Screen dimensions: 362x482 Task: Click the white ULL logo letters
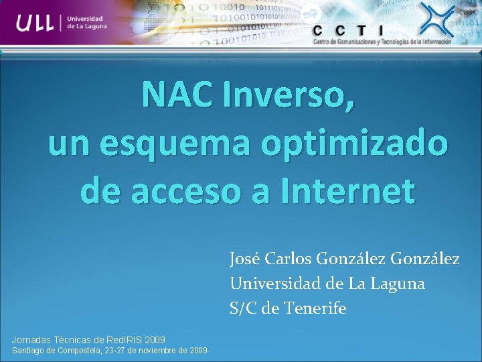(x=36, y=23)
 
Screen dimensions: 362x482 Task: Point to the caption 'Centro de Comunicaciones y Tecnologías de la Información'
(x=382, y=42)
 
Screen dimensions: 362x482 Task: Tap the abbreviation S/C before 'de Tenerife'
(x=244, y=309)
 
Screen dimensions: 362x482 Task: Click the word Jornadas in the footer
(x=32, y=340)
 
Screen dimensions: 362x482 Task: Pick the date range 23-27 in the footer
(x=116, y=351)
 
